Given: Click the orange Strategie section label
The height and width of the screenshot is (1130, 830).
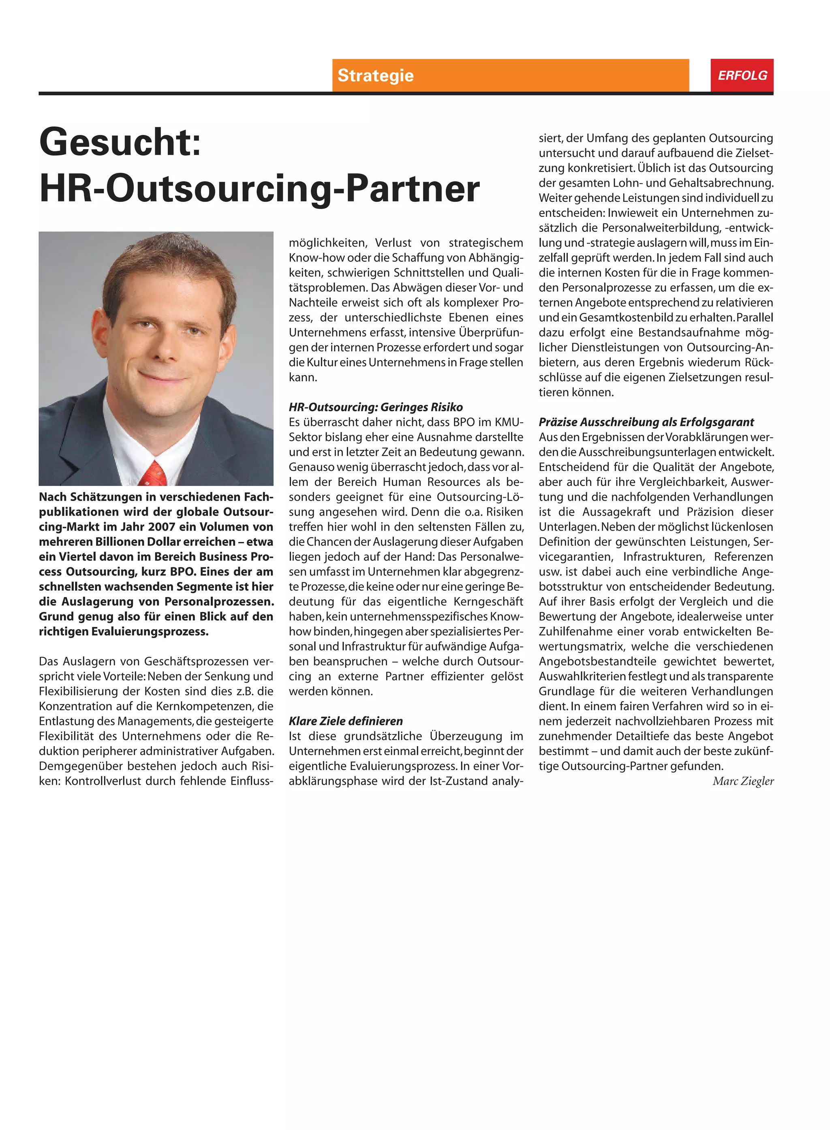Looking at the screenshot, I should (375, 75).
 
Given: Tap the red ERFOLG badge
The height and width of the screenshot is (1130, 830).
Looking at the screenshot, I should (742, 75).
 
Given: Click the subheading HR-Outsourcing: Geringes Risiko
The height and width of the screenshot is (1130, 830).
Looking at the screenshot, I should (375, 407).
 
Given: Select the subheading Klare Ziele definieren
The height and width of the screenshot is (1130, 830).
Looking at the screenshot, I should (346, 721).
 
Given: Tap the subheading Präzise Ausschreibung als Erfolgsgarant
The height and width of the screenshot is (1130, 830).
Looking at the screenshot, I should (646, 422).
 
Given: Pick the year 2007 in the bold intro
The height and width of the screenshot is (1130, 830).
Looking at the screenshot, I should (162, 526).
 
